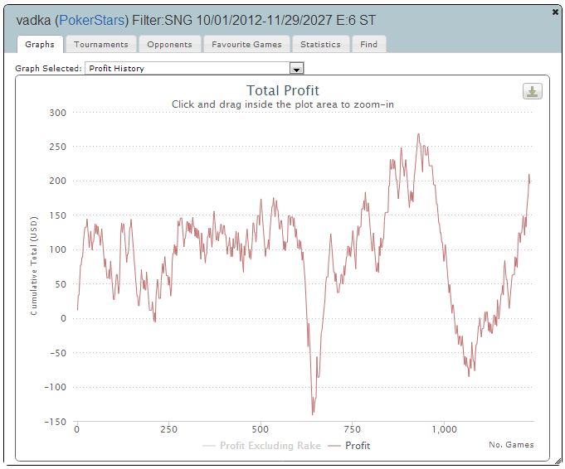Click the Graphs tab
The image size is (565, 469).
pos(40,44)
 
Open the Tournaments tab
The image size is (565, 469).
pos(101,44)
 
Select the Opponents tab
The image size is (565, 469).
pos(169,44)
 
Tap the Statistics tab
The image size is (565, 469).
pos(320,44)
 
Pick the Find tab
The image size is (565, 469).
pos(368,44)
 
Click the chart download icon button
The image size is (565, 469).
pos(532,91)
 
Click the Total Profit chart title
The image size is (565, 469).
pos(283,90)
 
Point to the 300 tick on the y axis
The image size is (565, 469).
pos(57,112)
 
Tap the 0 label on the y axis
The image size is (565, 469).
pos(64,318)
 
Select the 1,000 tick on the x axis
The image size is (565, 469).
pos(445,429)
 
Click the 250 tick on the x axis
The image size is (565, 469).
pos(168,429)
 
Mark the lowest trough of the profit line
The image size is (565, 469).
pos(313,413)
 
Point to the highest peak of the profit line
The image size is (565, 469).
pos(418,134)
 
